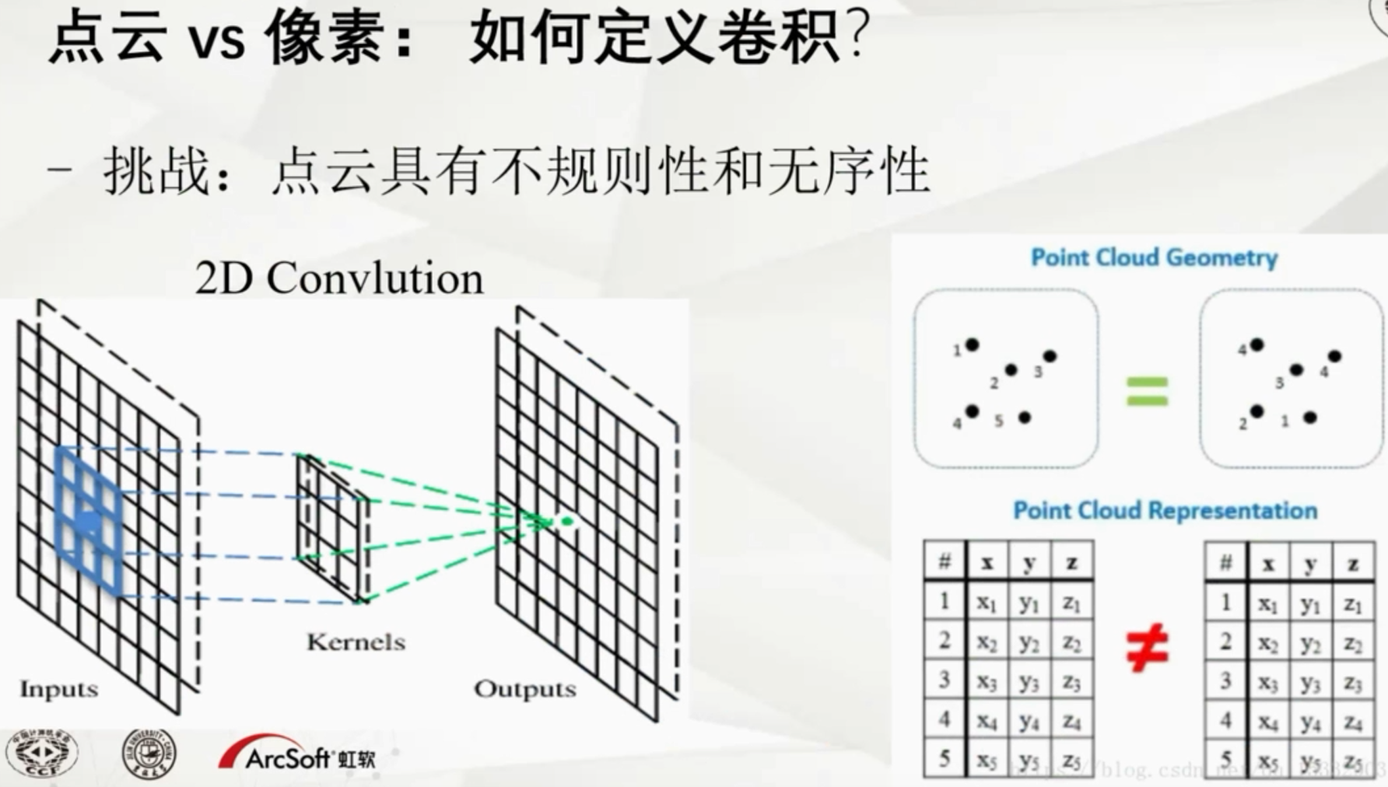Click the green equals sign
coord(1148,391)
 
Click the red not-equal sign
coord(1147,647)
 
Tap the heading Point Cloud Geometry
coord(1154,257)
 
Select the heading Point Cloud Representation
coord(1165,510)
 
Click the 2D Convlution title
coord(339,278)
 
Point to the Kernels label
coord(356,642)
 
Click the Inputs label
coord(59,689)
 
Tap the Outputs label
coord(525,689)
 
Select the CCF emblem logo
coord(42,754)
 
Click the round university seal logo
coord(149,754)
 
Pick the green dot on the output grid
coord(567,521)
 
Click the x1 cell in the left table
coord(987,602)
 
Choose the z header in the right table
coord(1353,564)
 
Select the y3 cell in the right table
coord(1310,682)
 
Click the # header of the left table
coord(945,561)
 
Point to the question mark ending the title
coord(857,37)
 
